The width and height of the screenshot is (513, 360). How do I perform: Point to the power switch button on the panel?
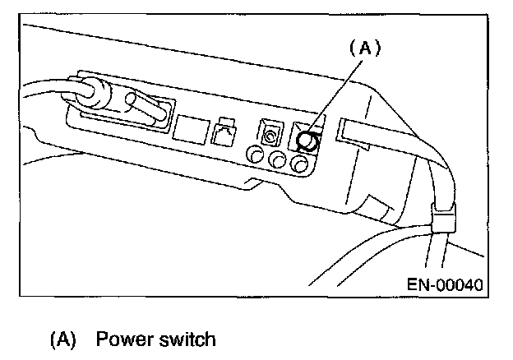(x=308, y=141)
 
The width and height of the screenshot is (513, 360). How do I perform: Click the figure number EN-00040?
(x=445, y=284)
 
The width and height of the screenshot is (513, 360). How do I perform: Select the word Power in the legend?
(x=127, y=339)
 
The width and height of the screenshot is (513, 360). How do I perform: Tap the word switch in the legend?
(x=187, y=339)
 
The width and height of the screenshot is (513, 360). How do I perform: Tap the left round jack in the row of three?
(x=256, y=155)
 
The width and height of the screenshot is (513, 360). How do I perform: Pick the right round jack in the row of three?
(x=301, y=165)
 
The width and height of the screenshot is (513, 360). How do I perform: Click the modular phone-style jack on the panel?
(x=224, y=135)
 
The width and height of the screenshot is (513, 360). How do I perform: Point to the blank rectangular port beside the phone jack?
(x=189, y=128)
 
